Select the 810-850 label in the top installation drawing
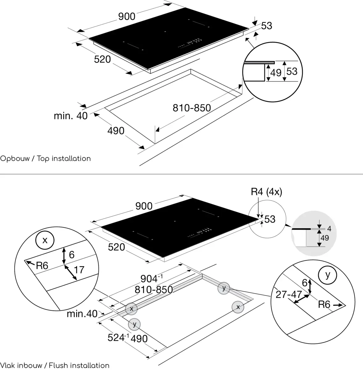click(x=192, y=108)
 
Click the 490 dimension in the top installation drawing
click(x=116, y=131)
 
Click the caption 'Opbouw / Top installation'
click(x=45, y=158)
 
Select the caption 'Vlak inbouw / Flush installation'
click(x=55, y=365)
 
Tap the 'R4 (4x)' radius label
click(x=266, y=192)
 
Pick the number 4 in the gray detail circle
click(x=329, y=229)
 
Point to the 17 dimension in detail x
click(x=79, y=270)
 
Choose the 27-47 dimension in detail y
click(x=288, y=294)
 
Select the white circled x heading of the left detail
click(x=45, y=240)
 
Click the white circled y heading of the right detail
click(x=328, y=274)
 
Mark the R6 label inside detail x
click(x=42, y=265)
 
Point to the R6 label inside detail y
click(x=324, y=305)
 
